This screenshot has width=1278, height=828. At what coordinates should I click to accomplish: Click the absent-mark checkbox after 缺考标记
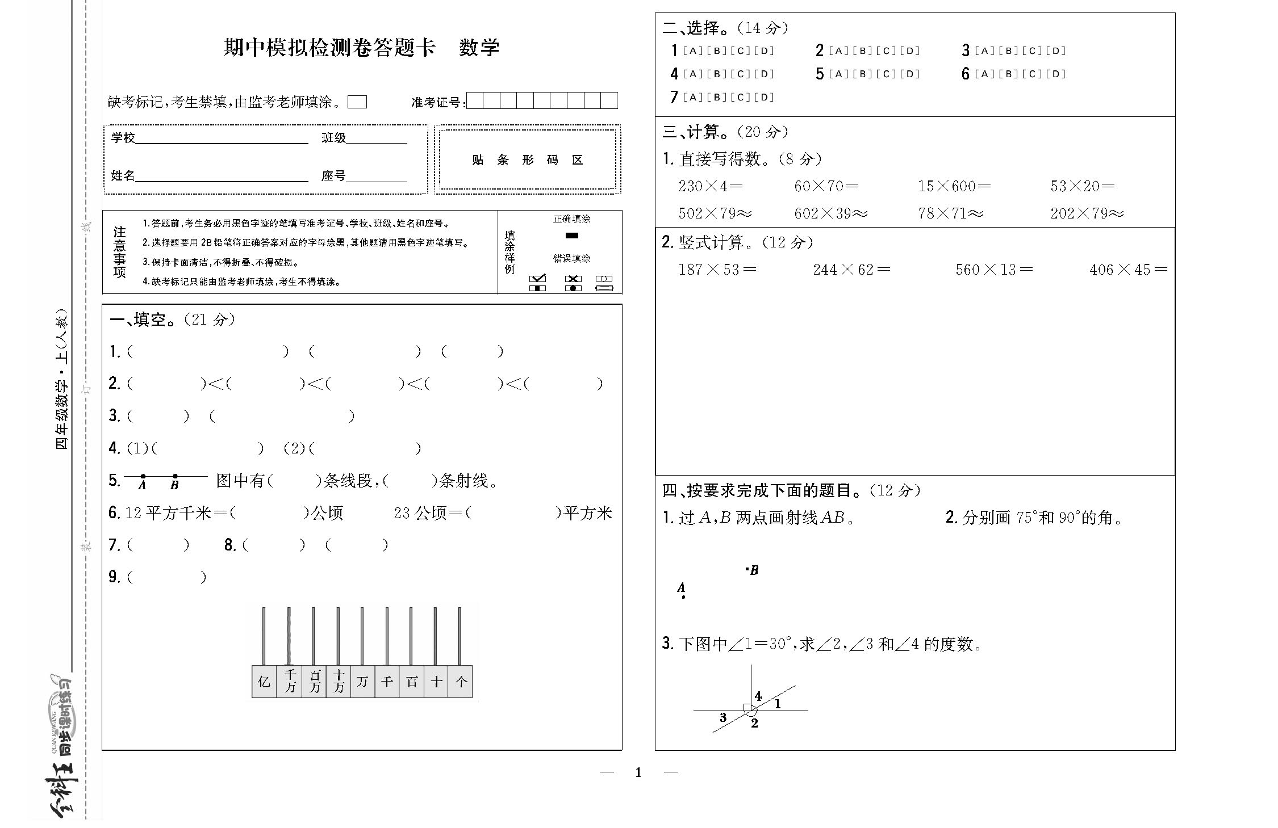[x=357, y=102]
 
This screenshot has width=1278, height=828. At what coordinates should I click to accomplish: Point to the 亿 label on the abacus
[x=264, y=682]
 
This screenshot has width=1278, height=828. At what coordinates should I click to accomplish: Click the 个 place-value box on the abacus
[x=461, y=682]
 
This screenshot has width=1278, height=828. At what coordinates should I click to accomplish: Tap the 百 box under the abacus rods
[x=412, y=682]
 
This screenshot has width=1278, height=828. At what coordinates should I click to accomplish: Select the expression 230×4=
[x=711, y=186]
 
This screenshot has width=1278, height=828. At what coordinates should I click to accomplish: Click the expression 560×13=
[x=994, y=270]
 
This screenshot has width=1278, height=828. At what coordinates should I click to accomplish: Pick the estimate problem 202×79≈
[x=1087, y=213]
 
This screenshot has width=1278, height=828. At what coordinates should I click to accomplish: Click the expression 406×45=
[x=1128, y=270]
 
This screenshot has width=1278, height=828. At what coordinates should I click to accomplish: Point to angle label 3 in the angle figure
[x=723, y=717]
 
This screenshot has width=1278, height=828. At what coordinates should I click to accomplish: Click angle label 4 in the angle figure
[x=758, y=696]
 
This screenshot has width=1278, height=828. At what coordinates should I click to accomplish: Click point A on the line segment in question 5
[x=143, y=476]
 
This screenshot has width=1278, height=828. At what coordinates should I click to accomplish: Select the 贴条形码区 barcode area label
[x=528, y=160]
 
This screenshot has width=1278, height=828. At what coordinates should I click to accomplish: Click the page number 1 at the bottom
[x=638, y=772]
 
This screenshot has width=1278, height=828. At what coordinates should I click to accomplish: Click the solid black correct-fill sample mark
[x=572, y=236]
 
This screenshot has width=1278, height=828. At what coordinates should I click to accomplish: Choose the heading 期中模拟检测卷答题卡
[x=329, y=48]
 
